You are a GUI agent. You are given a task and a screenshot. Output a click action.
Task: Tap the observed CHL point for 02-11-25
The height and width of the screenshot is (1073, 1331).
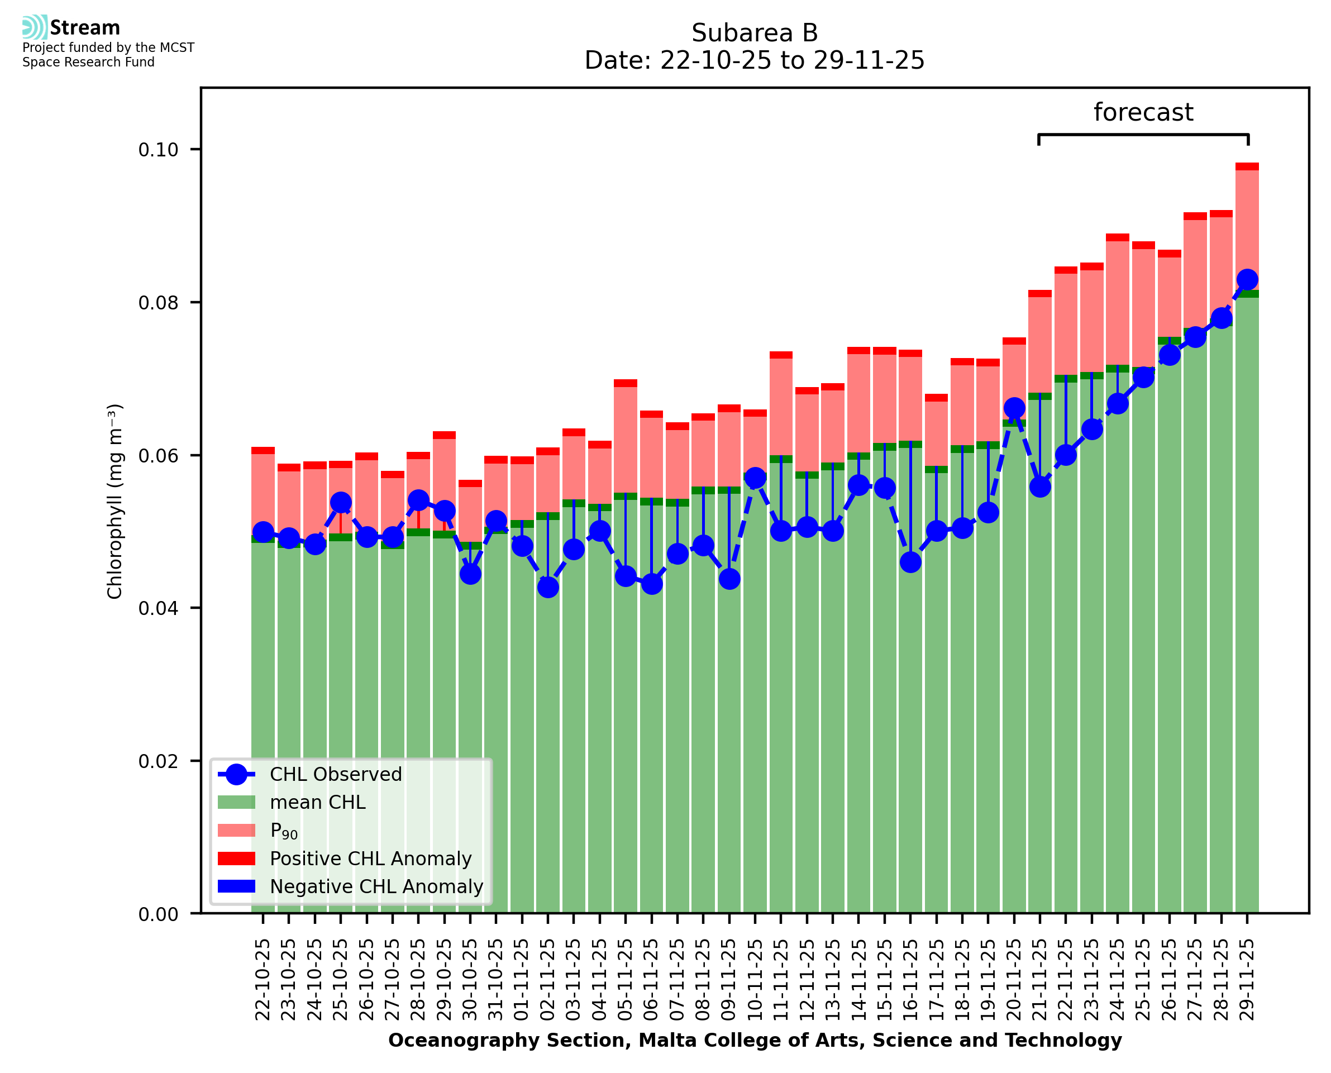tap(547, 586)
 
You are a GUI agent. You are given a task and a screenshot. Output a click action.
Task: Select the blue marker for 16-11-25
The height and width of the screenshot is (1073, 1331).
tap(910, 562)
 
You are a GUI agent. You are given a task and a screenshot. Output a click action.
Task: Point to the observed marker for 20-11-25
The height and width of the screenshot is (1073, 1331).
tap(1014, 407)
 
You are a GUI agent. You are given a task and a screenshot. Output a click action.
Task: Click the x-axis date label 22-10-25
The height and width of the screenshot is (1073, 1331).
tap(263, 980)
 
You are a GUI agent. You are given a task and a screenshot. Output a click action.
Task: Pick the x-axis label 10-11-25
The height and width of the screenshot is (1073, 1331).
tap(755, 980)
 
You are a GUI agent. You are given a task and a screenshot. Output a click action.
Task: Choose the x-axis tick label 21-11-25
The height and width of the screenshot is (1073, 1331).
tap(1040, 980)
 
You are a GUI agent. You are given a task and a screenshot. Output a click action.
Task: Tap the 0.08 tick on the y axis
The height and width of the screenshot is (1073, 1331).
tap(158, 303)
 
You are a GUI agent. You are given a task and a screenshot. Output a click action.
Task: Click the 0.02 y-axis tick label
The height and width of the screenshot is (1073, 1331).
tap(158, 761)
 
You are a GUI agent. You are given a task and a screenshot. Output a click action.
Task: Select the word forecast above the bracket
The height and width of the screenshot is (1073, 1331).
tap(1143, 112)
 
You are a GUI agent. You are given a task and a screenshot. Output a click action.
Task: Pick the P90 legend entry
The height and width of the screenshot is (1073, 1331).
tap(284, 831)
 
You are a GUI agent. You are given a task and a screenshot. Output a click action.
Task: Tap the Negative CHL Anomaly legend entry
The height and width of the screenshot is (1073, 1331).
tap(376, 886)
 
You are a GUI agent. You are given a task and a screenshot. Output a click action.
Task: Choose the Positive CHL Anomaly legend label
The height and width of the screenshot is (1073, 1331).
tap(371, 859)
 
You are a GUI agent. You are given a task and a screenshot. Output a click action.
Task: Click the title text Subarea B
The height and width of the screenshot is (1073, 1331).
tap(755, 33)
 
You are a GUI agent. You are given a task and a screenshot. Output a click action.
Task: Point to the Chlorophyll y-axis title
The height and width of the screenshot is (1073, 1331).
tap(115, 501)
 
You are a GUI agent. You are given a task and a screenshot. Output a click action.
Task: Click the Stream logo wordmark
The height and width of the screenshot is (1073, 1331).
tap(85, 28)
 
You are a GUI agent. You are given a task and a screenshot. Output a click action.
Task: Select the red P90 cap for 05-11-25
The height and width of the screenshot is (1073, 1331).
tap(626, 383)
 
